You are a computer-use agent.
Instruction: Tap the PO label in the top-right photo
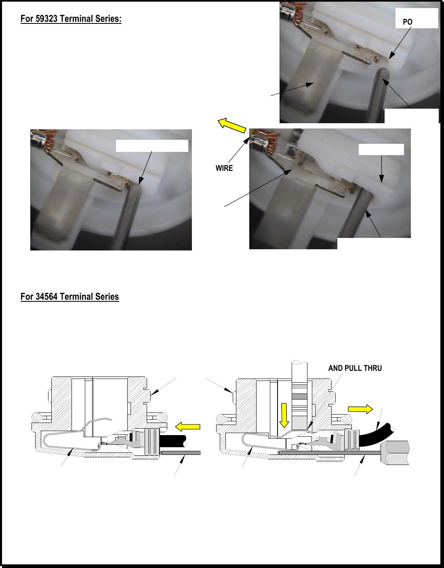(407, 22)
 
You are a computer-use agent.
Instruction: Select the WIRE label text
(224, 168)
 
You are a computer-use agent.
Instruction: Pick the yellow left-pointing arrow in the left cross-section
(187, 427)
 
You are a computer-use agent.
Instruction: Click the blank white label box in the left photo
(152, 146)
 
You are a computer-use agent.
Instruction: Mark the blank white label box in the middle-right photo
(381, 149)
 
